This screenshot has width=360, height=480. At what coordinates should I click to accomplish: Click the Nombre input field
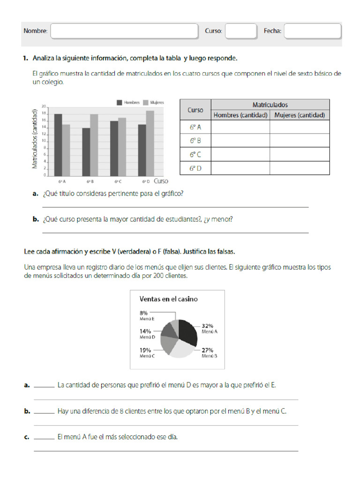click(124, 31)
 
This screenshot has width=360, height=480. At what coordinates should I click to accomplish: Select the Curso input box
click(241, 31)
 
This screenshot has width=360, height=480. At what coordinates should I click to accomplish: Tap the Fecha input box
click(313, 31)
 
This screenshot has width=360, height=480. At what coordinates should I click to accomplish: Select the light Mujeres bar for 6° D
click(150, 143)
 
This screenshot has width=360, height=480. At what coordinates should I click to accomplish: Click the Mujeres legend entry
click(151, 102)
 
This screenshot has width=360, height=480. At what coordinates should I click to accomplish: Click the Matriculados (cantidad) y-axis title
click(34, 139)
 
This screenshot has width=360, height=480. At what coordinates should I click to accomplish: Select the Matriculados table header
click(270, 105)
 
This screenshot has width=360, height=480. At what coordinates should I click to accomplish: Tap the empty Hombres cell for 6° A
click(240, 127)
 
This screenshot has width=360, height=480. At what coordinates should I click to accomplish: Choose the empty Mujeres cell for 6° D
click(299, 168)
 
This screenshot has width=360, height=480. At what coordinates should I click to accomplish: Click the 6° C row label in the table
click(195, 154)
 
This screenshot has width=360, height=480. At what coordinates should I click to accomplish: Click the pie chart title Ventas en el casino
click(168, 299)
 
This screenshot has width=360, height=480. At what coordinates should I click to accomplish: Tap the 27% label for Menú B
click(208, 350)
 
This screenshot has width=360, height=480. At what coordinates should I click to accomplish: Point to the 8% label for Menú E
click(143, 313)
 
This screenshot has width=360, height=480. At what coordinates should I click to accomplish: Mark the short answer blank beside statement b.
click(44, 412)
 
